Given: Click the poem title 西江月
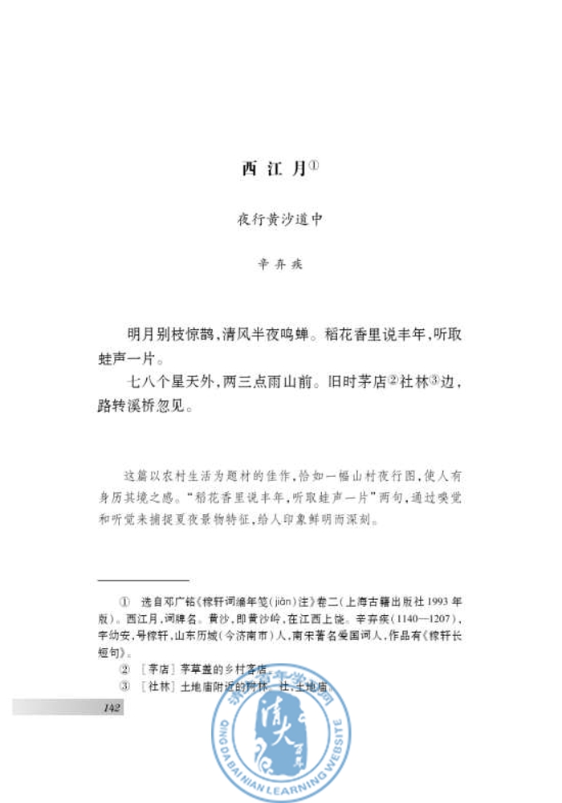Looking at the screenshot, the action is click(273, 169).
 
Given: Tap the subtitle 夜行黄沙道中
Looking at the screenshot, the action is click(279, 219).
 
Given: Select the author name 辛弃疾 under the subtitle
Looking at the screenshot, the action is click(279, 264).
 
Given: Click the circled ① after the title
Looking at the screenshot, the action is click(315, 165).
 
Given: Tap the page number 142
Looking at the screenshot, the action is click(112, 707).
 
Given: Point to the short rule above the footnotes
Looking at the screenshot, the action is click(143, 580).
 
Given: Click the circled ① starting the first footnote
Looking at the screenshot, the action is click(124, 601).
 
